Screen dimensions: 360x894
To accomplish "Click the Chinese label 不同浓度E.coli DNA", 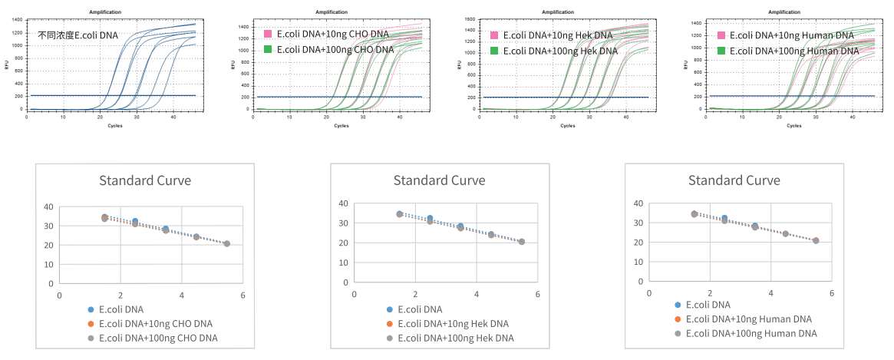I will point(78,35).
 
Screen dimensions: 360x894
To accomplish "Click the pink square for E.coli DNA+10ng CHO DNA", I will point(268,35).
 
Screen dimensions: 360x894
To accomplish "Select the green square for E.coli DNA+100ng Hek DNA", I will point(494,51).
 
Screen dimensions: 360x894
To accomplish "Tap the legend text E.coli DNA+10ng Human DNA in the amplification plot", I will point(791,35).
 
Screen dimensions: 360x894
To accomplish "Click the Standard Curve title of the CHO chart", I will point(145,181).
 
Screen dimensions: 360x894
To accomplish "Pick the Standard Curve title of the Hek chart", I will point(439,180).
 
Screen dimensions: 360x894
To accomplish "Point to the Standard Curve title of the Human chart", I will point(734,180).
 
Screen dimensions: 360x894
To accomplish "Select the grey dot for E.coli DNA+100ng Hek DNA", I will point(389,338).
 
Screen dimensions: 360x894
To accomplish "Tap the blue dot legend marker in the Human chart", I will point(677,305).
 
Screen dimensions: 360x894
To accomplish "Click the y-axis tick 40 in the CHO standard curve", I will point(48,207).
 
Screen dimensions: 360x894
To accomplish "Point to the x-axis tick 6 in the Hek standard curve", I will point(537,295).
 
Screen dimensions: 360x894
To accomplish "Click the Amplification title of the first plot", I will point(105,12).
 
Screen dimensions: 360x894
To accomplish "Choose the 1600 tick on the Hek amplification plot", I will point(470,19).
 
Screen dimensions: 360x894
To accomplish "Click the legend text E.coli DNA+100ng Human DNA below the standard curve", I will point(751,333).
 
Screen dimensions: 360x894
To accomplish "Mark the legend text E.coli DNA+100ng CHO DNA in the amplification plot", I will point(335,50).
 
